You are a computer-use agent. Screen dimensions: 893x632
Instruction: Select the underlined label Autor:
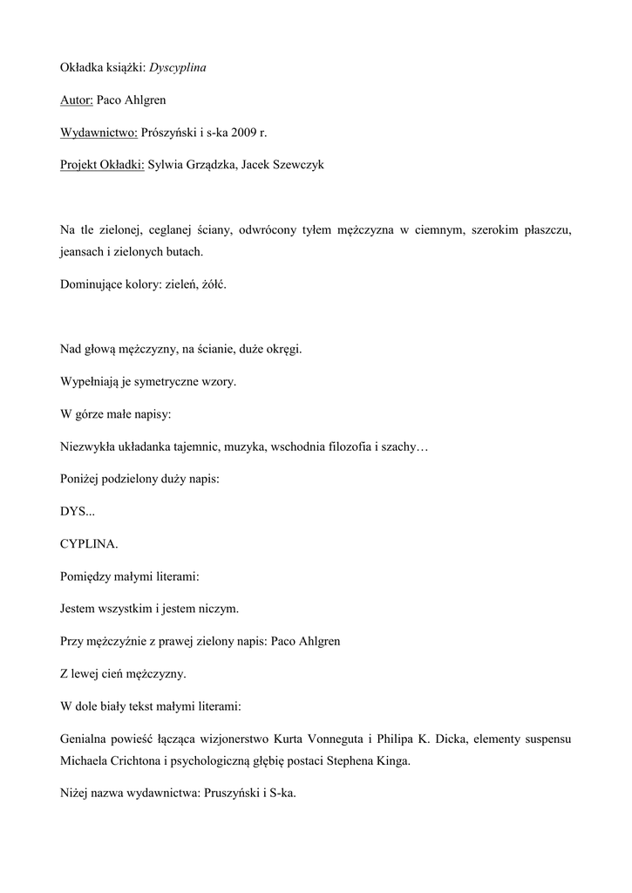pos(77,99)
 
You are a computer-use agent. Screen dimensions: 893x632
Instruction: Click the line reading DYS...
pos(78,511)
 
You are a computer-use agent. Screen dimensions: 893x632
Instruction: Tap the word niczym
pos(219,608)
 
